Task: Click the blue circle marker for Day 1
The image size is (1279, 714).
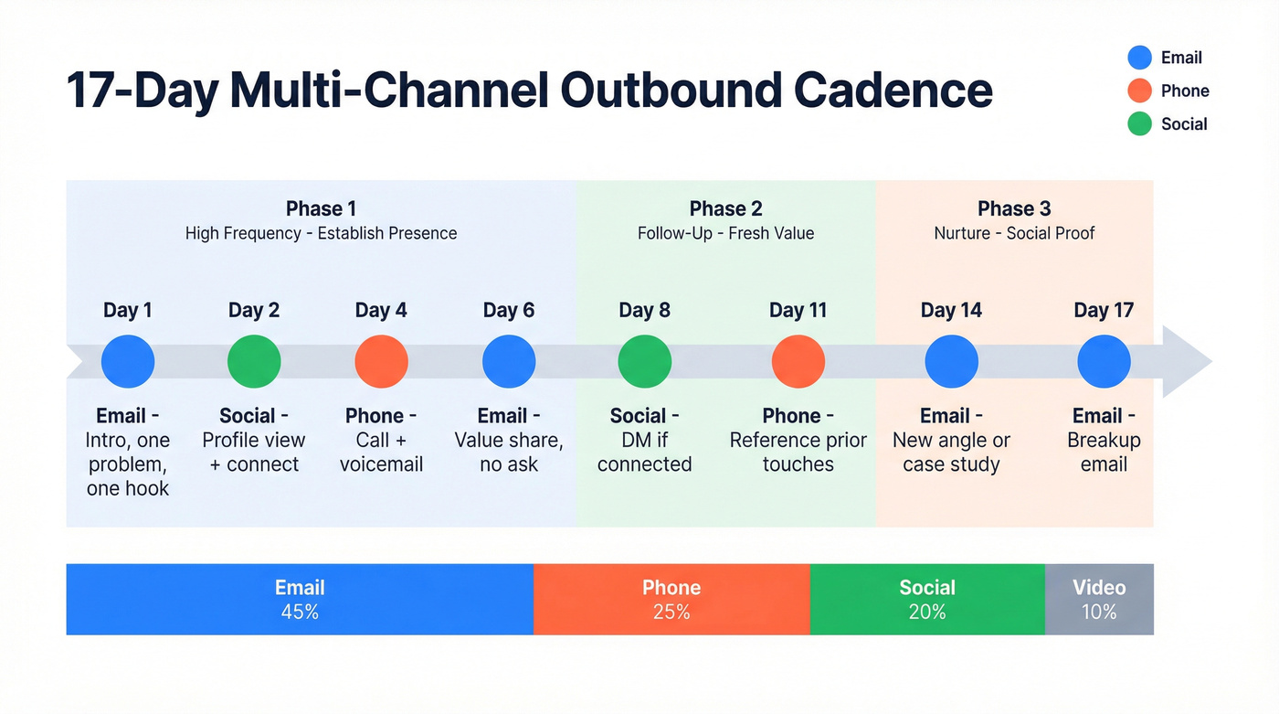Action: [x=128, y=361]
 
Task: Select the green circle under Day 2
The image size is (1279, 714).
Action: [x=254, y=361]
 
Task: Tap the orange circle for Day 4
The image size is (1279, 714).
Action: [x=381, y=361]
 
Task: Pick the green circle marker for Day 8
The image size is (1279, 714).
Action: [x=645, y=361]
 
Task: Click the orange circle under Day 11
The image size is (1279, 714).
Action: [x=798, y=361]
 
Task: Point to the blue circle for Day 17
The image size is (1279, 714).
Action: [x=1104, y=361]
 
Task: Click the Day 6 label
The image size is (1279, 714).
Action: [x=509, y=310]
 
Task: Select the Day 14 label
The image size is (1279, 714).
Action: [x=951, y=310]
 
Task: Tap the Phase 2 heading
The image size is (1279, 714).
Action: [x=725, y=208]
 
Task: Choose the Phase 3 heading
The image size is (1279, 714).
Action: [x=1014, y=208]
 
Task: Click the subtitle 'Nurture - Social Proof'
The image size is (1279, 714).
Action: [x=1014, y=233]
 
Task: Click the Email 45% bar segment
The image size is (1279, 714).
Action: [x=300, y=600]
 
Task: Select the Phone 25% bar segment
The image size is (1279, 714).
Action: [x=671, y=600]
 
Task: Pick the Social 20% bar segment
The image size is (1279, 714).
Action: [x=927, y=600]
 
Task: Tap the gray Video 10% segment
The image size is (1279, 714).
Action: [x=1099, y=600]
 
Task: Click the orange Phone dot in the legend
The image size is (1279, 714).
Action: [x=1139, y=91]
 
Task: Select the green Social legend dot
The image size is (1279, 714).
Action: [x=1139, y=123]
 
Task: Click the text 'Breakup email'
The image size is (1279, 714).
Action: [x=1104, y=452]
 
